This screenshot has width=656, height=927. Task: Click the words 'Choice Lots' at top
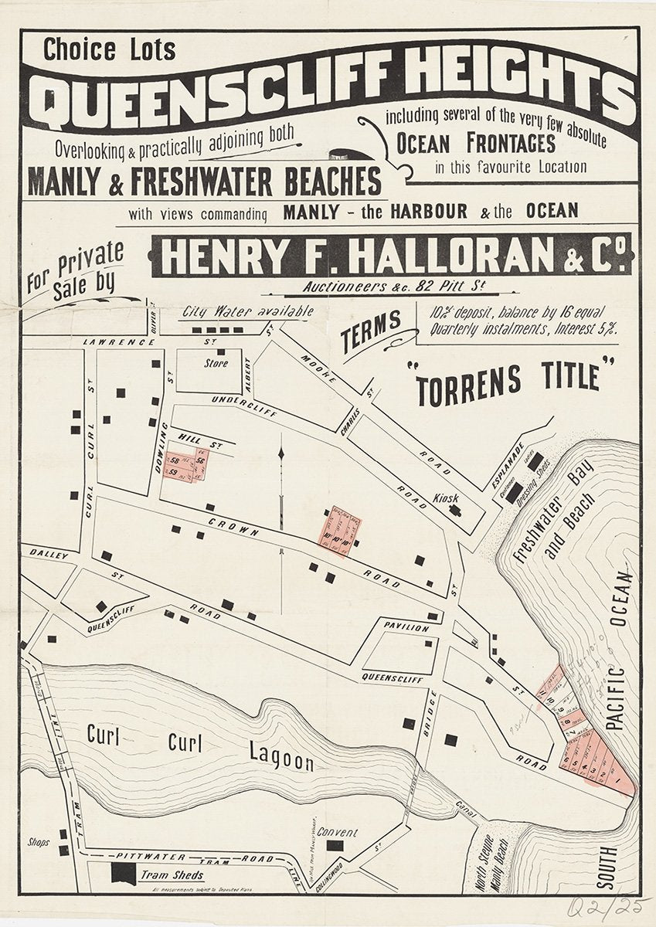point(109,51)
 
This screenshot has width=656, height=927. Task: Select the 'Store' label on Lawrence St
point(216,362)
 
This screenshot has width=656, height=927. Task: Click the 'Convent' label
point(337,833)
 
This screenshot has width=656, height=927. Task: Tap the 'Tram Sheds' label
point(172,875)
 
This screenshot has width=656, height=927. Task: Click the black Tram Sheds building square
point(122,874)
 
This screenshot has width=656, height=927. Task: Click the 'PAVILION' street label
point(406,628)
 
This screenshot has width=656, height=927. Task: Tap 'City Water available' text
point(247,312)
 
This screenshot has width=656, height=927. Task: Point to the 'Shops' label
point(38,842)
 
